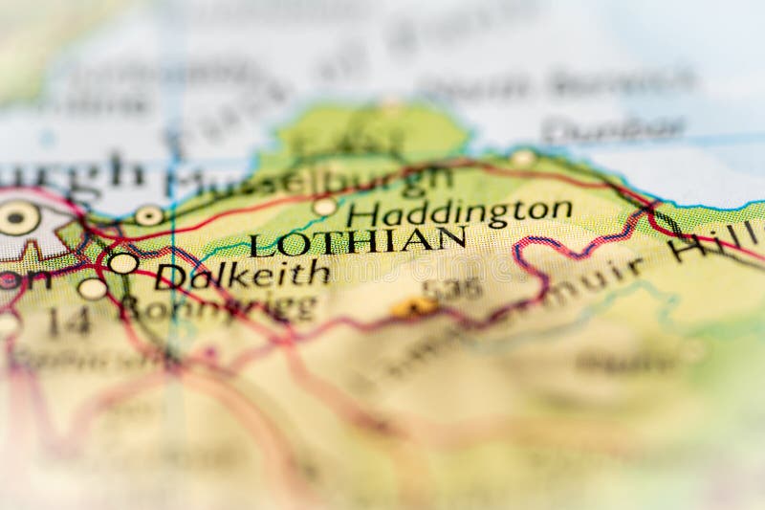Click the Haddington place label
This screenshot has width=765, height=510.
click(x=460, y=212)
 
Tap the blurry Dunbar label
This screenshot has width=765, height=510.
click(x=613, y=128)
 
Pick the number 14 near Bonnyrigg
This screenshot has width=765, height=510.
click(x=69, y=322)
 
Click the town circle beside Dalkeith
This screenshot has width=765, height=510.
click(x=123, y=263)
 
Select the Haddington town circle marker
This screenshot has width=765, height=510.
click(x=325, y=207)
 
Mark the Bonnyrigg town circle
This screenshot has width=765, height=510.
click(x=93, y=288)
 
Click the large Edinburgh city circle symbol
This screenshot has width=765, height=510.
click(x=18, y=219)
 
